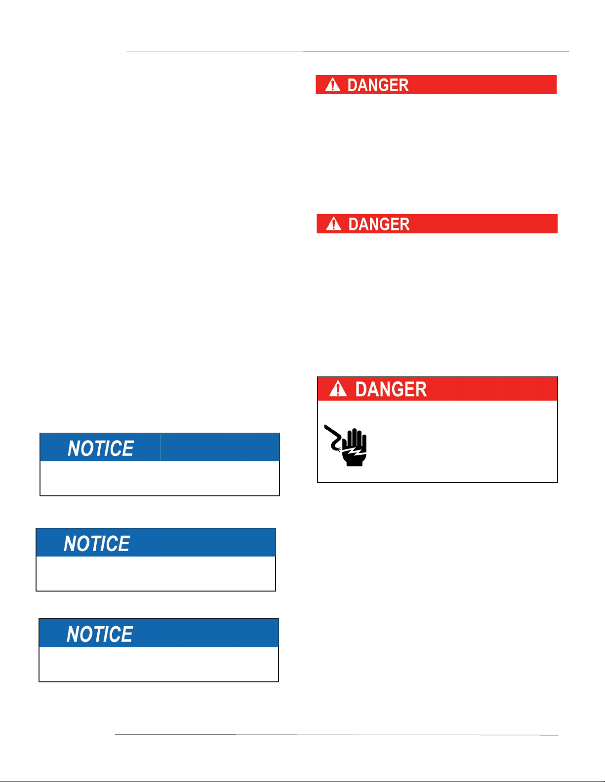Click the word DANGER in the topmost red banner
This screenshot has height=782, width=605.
(378, 85)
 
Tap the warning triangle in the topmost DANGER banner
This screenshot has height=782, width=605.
(333, 85)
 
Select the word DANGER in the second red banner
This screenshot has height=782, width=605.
(379, 224)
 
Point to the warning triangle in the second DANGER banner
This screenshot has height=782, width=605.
(334, 224)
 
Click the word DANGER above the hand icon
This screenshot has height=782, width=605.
(391, 389)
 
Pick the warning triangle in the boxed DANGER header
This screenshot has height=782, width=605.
(338, 389)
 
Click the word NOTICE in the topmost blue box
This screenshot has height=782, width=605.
(101, 448)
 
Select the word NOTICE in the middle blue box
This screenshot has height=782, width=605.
(97, 544)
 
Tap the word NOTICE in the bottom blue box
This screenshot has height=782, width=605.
(100, 634)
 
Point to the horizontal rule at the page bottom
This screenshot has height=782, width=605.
(336, 735)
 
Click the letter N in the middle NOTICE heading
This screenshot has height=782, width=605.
(70, 544)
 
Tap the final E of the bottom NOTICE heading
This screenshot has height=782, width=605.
(127, 634)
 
